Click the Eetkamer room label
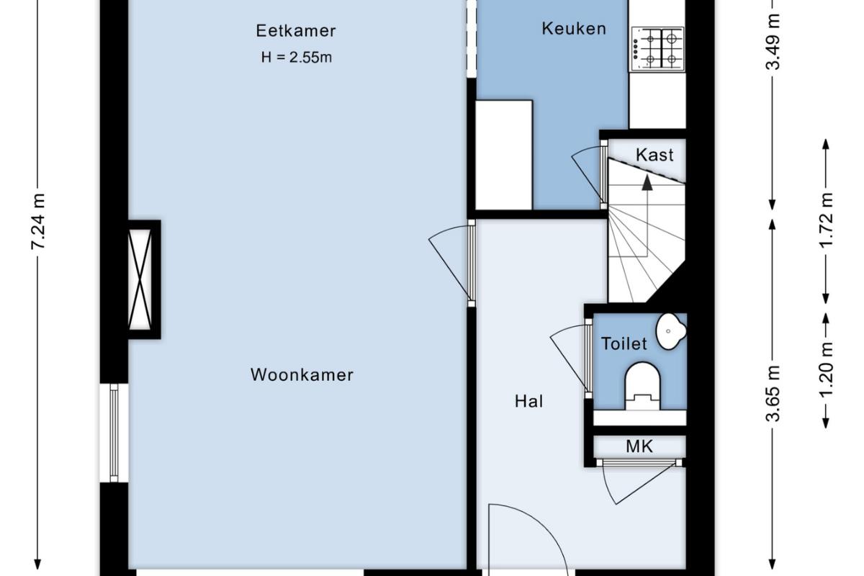click(296, 31)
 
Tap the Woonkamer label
click(302, 374)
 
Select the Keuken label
click(574, 29)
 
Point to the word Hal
click(528, 401)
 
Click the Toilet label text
click(624, 343)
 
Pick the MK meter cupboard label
click(639, 446)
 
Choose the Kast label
click(654, 155)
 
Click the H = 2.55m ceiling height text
click(296, 58)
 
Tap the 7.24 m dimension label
click(38, 222)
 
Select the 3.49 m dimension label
click(773, 42)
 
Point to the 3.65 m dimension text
click(773, 394)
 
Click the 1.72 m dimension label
click(826, 220)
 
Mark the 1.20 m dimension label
click(826, 369)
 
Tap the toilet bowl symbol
click(642, 385)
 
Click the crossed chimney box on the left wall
click(140, 279)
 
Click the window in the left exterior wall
click(114, 433)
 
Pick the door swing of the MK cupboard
click(639, 483)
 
